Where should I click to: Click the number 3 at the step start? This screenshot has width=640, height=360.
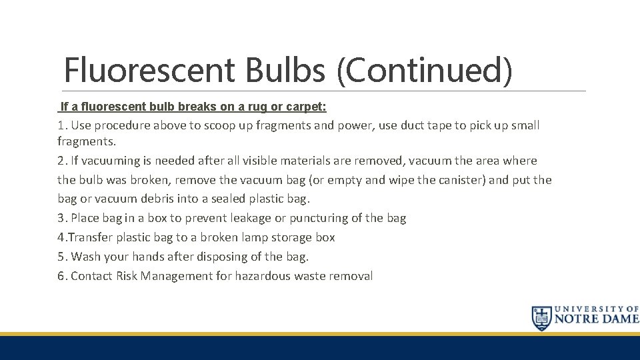tap(61, 218)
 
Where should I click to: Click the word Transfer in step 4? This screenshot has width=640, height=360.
tap(88, 237)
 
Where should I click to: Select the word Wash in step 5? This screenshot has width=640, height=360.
tap(85, 257)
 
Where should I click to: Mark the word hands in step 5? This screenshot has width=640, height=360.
tap(147, 257)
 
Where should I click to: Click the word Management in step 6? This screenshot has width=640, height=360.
tap(175, 276)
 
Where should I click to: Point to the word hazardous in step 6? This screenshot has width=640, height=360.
tap(261, 276)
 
